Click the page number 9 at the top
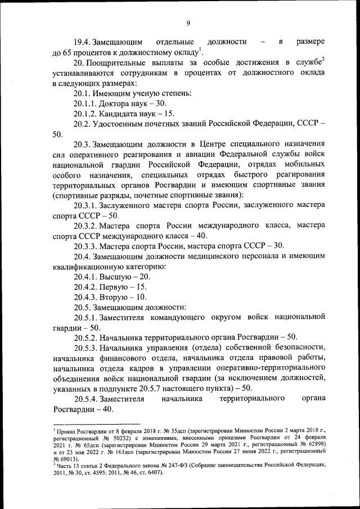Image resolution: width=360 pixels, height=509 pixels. (188, 23)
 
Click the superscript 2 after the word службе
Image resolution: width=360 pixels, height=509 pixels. (323, 60)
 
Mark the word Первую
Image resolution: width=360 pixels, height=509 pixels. (116, 286)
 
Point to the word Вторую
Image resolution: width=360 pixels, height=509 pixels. (116, 296)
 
